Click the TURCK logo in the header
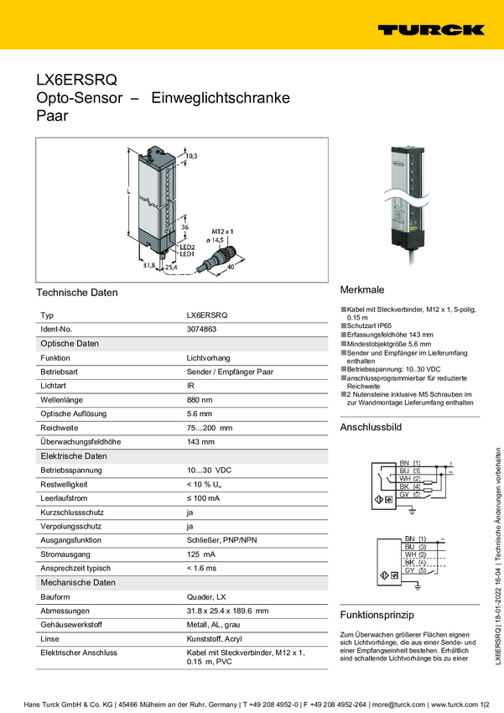coord(430,29)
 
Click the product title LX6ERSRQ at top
coord(75,81)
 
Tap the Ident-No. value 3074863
coord(203,330)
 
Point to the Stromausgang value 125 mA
coord(200,554)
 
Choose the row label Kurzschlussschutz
coord(72,513)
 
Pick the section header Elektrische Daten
coord(74,455)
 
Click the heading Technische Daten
coord(77,293)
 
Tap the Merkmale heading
coord(361,288)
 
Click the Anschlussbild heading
coord(371,428)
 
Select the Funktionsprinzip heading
coord(377,612)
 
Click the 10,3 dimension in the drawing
coord(191,157)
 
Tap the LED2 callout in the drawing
coord(186,247)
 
